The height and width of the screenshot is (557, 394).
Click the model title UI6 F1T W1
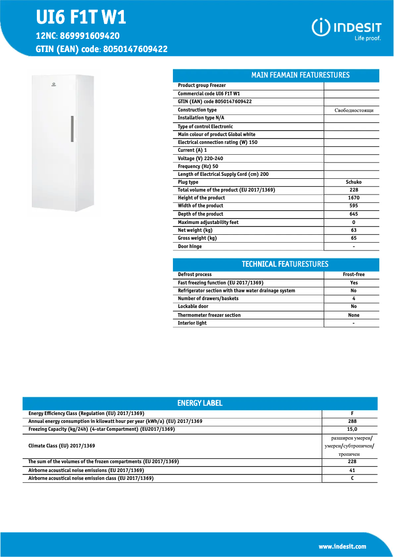point(81,18)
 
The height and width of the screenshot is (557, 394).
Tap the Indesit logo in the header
point(346,28)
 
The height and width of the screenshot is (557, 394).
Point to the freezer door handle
point(72,129)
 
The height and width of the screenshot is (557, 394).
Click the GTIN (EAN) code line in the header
point(102,49)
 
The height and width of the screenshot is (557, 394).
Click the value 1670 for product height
point(353,198)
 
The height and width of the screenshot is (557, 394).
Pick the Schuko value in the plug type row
point(353,182)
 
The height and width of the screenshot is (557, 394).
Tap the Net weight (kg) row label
point(195,230)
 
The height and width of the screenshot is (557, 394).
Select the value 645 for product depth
point(353,214)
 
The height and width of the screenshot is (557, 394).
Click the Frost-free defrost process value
point(353,275)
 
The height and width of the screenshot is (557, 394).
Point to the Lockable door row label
point(193,306)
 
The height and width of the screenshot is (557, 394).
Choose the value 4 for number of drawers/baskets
point(353,299)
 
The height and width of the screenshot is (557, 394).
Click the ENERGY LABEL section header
point(200,403)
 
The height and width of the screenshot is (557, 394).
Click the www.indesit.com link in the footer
point(342,547)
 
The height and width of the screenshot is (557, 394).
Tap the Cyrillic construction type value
point(353,111)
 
